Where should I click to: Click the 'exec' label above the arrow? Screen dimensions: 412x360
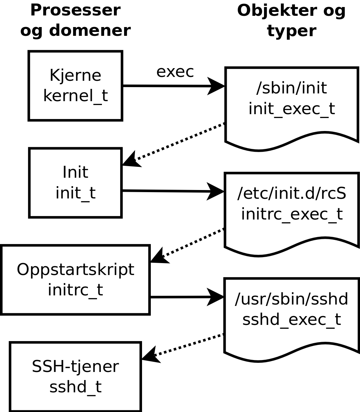click(175, 72)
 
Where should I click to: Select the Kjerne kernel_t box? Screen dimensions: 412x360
click(75, 86)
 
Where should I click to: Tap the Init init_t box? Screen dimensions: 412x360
click(75, 183)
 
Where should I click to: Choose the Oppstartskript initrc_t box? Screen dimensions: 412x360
click(75, 280)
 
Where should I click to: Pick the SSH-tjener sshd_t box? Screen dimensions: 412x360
click(75, 377)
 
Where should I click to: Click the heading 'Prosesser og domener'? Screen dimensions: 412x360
click(75, 20)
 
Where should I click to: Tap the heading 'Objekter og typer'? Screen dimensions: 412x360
click(291, 20)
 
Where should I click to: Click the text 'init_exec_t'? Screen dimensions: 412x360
click(291, 109)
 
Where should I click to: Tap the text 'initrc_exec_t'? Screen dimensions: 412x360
click(291, 214)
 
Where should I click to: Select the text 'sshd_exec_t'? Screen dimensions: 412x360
click(291, 319)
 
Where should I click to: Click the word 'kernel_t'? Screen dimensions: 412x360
click(75, 96)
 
